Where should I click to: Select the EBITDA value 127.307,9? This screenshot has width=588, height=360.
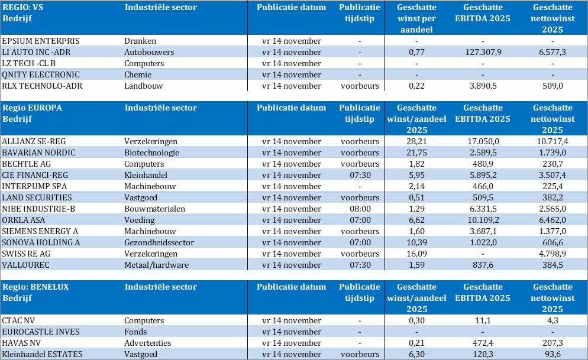[483, 52]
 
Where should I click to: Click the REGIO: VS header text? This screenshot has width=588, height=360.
[23, 8]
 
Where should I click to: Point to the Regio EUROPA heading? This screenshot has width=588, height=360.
[33, 108]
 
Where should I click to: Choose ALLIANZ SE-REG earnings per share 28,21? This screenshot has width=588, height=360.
[416, 141]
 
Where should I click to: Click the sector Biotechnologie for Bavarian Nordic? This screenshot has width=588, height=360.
[152, 153]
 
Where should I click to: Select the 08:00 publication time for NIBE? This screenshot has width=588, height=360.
[360, 209]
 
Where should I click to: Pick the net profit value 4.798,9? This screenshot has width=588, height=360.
[553, 254]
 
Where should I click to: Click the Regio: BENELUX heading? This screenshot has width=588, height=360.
[36, 287]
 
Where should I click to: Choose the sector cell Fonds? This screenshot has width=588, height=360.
[136, 332]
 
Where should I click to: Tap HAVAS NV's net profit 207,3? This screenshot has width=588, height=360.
[553, 343]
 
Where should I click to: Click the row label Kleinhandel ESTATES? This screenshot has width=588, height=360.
[42, 354]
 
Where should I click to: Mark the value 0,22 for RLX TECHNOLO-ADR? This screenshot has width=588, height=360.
[416, 86]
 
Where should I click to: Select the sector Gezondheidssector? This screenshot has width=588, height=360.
[159, 242]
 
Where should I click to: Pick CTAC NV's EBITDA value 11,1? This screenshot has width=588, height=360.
[483, 320]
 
